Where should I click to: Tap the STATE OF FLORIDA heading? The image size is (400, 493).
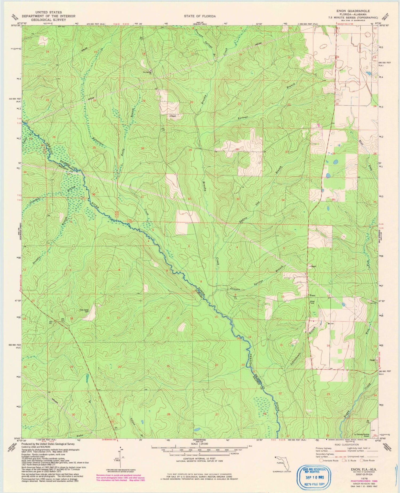[x=200, y=16]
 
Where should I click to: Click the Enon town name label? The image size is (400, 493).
[x=312, y=295]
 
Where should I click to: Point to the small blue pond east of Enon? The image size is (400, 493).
[x=343, y=304]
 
